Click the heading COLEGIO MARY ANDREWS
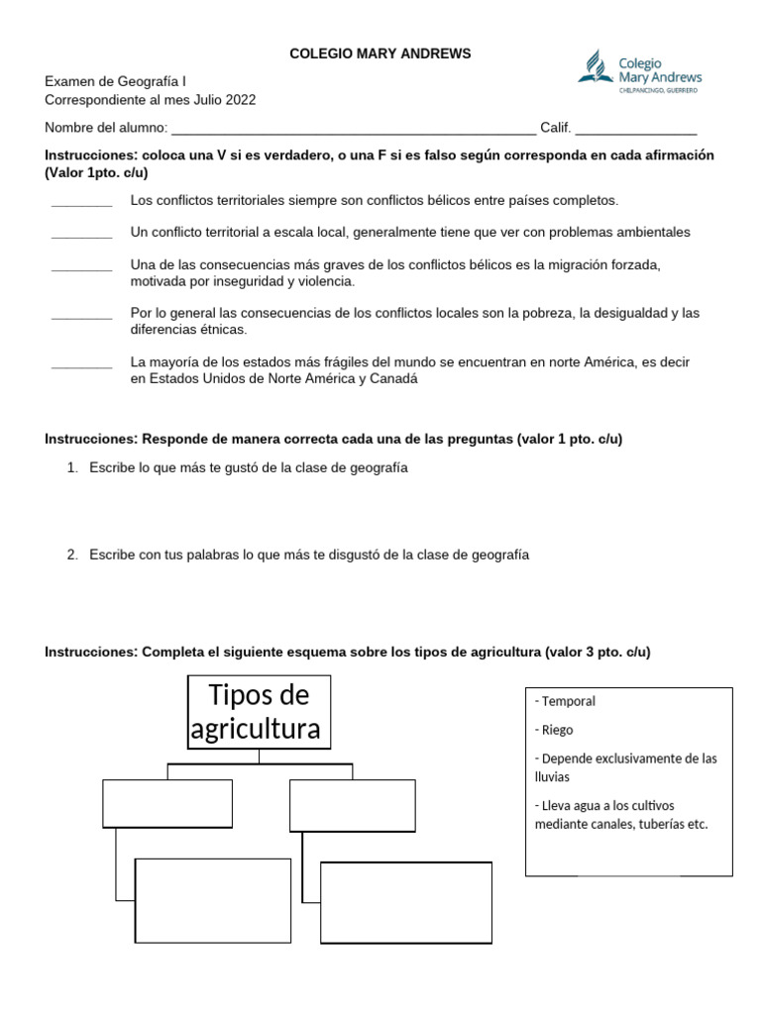pos(380,53)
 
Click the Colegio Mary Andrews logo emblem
pos(596,67)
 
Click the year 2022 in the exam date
pos(239,100)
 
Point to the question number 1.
pos(72,467)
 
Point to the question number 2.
pos(72,556)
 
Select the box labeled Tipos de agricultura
pos(260,712)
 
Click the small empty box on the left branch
pos(167,803)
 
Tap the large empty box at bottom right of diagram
pos(406,903)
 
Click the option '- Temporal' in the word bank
pos(566,701)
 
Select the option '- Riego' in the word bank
pos(557,730)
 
